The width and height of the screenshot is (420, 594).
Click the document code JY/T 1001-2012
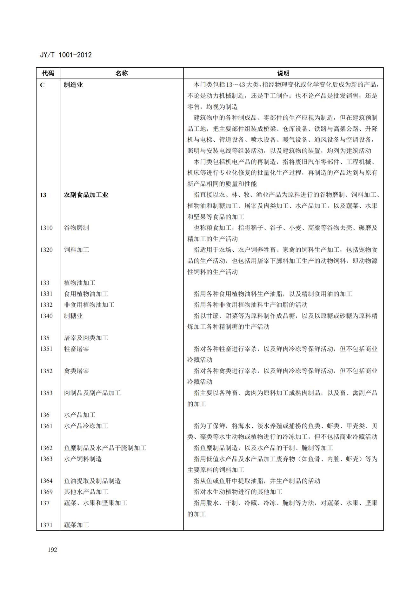(66, 55)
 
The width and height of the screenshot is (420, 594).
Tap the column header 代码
(48, 73)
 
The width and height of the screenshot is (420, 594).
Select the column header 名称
(121, 73)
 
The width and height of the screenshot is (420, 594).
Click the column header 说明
(283, 73)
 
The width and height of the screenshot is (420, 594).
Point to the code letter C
(42, 85)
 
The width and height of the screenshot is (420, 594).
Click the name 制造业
(73, 85)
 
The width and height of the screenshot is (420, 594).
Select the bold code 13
(43, 195)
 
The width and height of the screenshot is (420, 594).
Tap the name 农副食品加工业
(86, 195)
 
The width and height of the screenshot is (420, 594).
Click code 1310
(46, 228)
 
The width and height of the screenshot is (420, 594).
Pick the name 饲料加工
(77, 250)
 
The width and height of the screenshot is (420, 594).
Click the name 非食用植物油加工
(89, 305)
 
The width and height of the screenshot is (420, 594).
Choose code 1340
(46, 316)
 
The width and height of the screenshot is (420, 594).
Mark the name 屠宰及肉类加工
(86, 338)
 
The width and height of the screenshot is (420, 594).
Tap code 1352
(46, 371)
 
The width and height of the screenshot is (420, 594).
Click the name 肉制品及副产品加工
(92, 393)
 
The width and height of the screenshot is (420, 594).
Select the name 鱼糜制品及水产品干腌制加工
(105, 448)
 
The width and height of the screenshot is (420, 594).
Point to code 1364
(46, 481)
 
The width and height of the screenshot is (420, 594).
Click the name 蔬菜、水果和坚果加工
(96, 503)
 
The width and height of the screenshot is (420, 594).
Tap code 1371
(46, 525)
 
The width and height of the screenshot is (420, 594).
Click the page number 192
(52, 550)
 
